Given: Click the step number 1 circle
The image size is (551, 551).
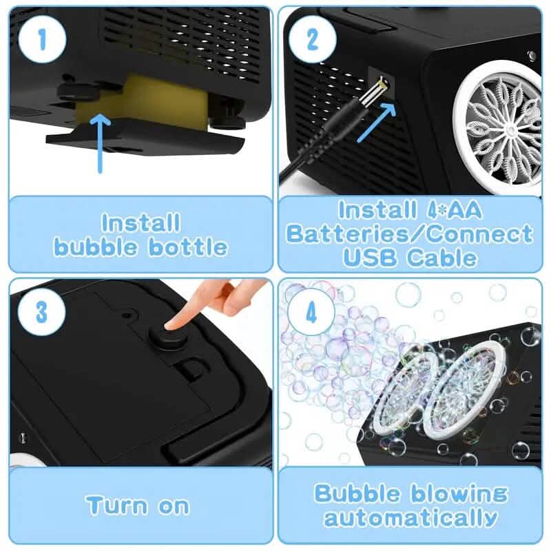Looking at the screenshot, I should point(42,40).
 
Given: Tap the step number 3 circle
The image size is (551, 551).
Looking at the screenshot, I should point(42,311).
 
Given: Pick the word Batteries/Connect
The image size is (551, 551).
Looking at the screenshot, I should point(410,233).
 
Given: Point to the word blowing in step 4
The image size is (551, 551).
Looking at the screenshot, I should point(458,493).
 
